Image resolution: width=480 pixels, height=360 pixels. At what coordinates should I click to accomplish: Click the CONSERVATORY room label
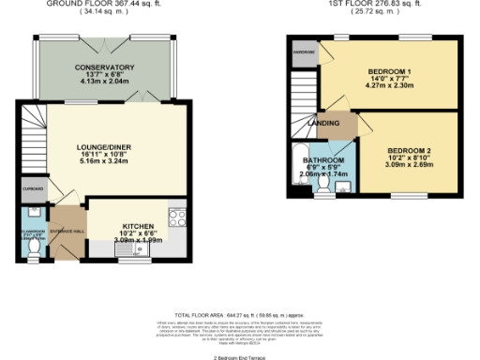[105, 68]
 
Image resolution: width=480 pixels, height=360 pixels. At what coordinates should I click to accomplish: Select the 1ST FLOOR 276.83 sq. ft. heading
[373, 5]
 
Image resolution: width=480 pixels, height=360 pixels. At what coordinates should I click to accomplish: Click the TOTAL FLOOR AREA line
[241, 317]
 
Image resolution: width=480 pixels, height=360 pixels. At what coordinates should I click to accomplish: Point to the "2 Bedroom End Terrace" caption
[240, 357]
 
